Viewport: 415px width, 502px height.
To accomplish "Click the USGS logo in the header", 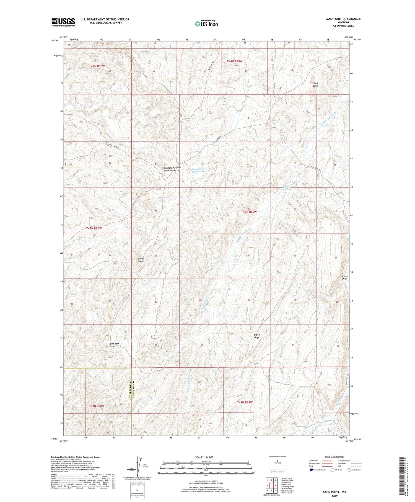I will point(63,22).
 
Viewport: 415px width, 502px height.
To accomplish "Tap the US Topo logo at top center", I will point(206,24).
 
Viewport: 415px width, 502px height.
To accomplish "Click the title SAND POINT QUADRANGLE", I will point(343,19).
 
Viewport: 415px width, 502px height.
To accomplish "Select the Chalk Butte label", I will point(315,84).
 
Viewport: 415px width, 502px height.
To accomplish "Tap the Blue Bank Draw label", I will point(114,345).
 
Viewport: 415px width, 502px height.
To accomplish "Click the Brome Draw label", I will point(344,277).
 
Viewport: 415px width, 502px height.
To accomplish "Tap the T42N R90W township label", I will point(97,406).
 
